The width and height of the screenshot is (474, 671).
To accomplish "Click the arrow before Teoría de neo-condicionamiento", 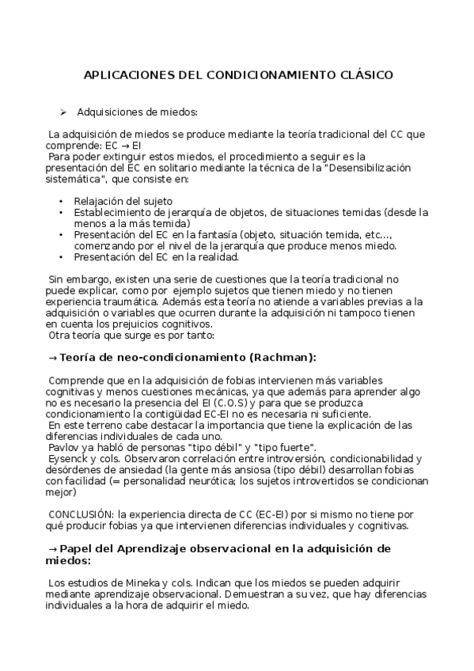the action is tap(53, 357).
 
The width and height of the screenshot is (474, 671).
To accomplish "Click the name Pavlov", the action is tap(64, 447).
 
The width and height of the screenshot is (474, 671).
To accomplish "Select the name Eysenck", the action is tap(68, 458).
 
